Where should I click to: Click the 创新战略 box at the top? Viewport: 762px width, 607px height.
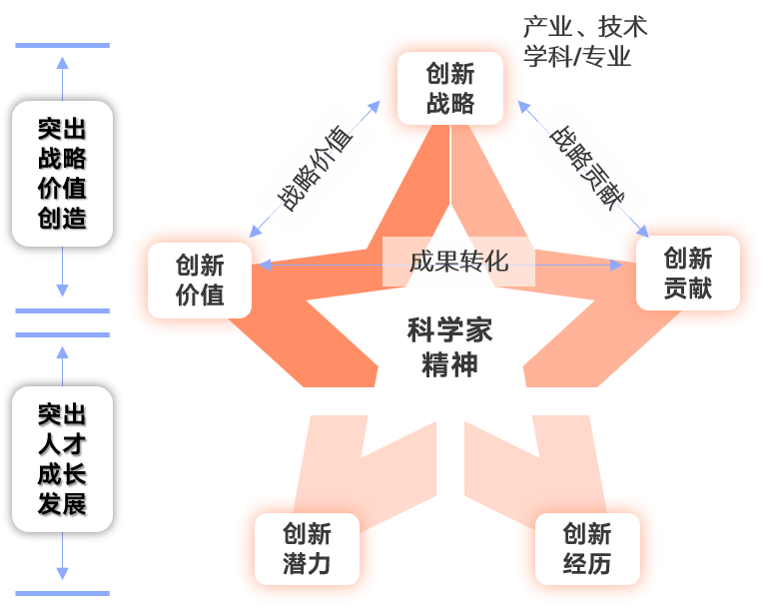click(449, 89)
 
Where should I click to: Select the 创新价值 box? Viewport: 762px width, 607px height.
click(200, 280)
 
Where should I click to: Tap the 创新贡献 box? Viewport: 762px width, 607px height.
click(687, 273)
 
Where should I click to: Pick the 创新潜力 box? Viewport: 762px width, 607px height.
click(307, 548)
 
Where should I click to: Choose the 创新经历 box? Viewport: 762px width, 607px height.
click(586, 548)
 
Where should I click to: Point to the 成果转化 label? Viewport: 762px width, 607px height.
click(458, 262)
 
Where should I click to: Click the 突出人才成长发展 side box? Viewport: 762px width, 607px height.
click(62, 459)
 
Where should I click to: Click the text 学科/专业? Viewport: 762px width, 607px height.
click(577, 56)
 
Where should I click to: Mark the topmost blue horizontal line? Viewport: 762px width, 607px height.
click(62, 45)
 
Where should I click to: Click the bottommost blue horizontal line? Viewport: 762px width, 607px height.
click(62, 595)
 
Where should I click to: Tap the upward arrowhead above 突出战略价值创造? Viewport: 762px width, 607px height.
click(62, 62)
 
